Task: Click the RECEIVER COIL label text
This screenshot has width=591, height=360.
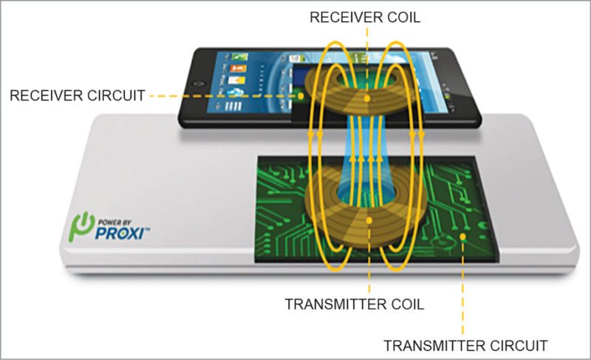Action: [x=366, y=17]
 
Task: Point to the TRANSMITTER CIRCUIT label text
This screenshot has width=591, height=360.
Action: [x=466, y=344]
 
